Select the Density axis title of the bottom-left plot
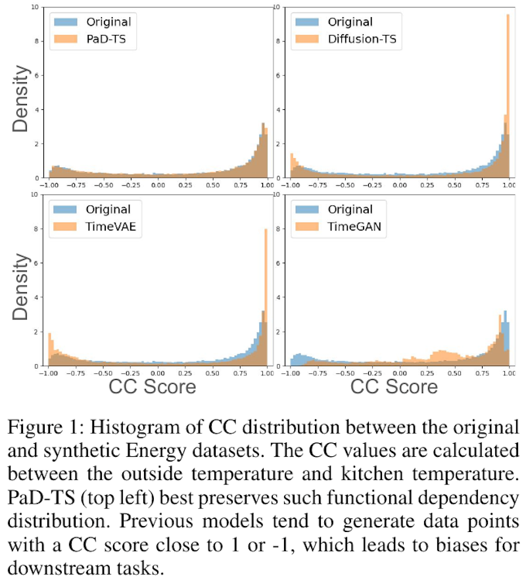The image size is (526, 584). [20, 288]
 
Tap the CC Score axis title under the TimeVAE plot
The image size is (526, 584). [153, 386]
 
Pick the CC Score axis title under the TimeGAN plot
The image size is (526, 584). [394, 386]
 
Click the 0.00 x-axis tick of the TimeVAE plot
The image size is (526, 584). [157, 373]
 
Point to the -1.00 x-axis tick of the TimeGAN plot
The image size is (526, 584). [287, 373]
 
